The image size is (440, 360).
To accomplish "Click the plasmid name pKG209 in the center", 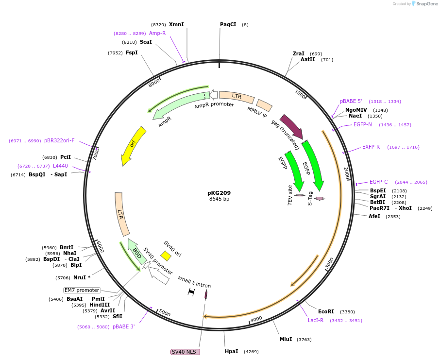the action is pos(219,193).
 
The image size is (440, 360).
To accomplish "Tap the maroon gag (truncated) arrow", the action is pos(291,126).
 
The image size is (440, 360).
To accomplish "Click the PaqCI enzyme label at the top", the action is pos(228,24).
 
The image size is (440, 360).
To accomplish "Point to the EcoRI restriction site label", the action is pos(326,312).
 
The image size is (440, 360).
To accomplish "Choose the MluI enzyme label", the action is pos(286,339).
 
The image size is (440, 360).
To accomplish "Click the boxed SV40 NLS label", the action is pos(185,352).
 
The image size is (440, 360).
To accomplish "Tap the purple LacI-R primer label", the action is pos(316,321).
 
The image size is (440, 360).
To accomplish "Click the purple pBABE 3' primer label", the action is pos(124,326).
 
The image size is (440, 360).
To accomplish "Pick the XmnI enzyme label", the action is pos(176,24).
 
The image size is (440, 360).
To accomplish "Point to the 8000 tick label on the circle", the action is pos(154,83).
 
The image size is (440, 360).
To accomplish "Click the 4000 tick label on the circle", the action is pos(256,319).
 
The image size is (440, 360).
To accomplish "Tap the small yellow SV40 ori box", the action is pos(166,256).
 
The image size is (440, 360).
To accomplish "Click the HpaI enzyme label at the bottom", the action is pos(232,351).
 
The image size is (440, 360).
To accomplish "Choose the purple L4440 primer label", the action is pos(61,166).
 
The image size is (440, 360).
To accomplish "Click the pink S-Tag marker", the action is pos(319,198).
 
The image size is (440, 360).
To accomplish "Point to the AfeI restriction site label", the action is pos(374,216).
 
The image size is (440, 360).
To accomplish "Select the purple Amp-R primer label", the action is pos(157,33).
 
